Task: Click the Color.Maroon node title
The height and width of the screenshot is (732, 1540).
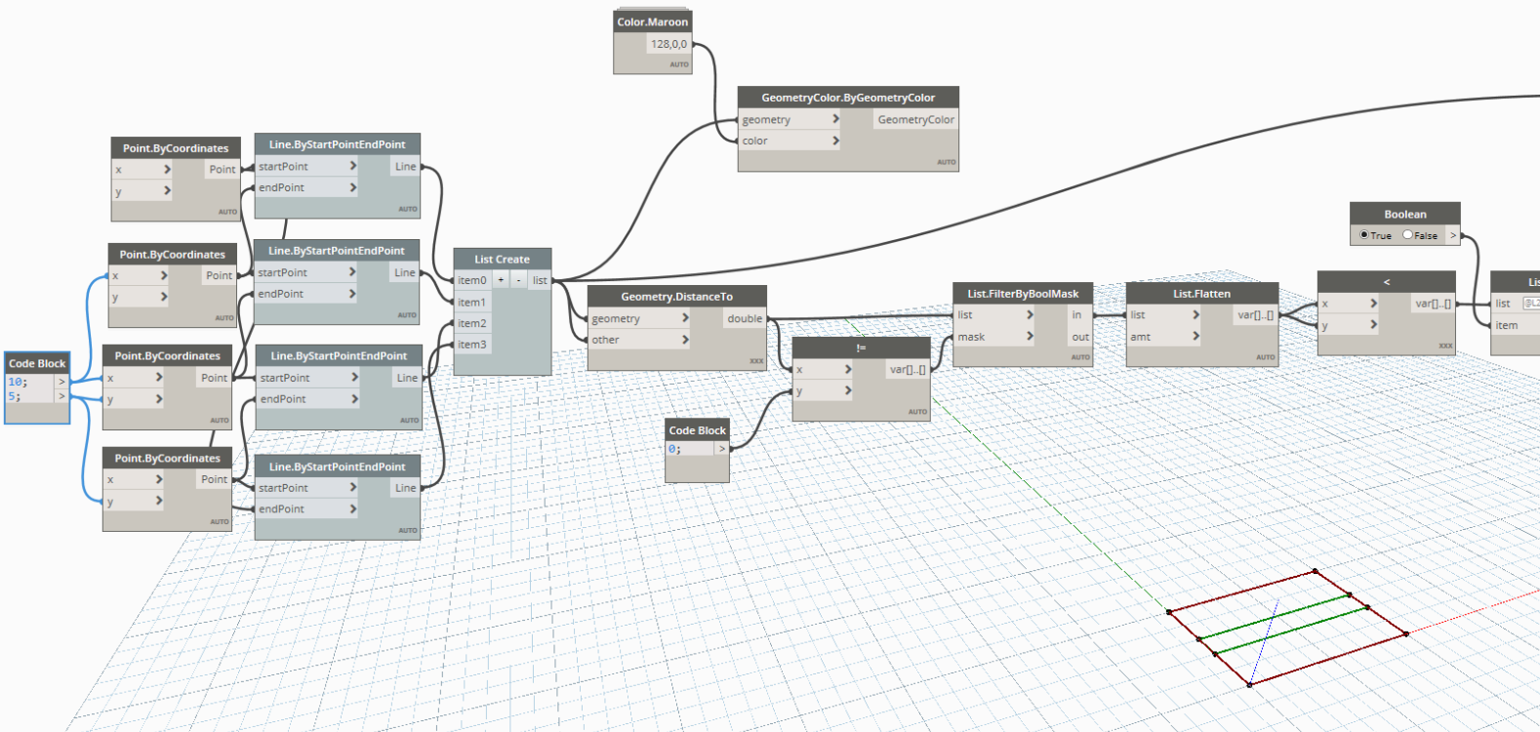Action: coord(652,21)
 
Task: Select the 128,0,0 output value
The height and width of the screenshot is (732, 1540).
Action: coord(669,44)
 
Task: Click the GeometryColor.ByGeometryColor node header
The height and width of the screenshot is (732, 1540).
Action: coord(847,98)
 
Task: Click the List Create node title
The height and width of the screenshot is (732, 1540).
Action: coord(502,260)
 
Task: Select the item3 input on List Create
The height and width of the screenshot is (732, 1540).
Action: coord(472,345)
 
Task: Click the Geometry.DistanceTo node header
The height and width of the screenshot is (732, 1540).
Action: coord(676,297)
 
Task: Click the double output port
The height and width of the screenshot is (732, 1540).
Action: coord(745,318)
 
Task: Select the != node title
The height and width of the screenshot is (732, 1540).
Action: coord(860,348)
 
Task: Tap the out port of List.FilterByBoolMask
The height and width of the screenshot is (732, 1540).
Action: coord(1079,337)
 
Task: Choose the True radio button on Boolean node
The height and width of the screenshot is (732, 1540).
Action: coord(1364,235)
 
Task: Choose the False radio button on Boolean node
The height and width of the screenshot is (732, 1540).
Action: coord(1407,235)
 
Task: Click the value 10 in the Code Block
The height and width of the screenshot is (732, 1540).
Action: coord(18,382)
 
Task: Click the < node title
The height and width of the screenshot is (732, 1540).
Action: coord(1386,282)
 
